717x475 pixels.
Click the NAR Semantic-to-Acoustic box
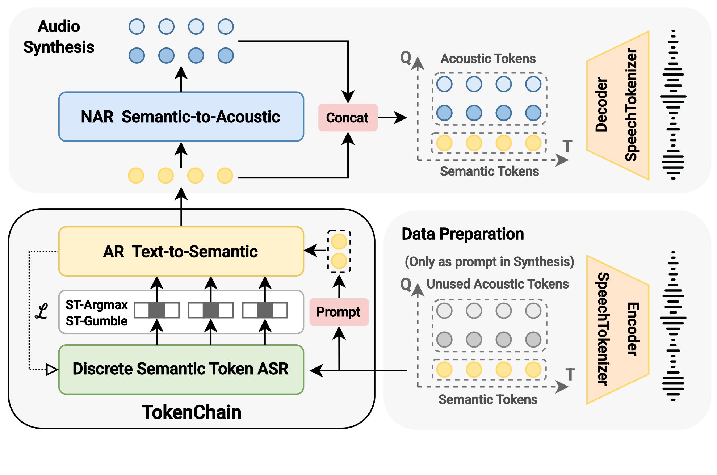click(181, 117)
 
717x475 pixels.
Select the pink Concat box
click(347, 118)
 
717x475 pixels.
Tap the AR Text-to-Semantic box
click(181, 252)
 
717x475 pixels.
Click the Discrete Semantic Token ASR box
click(181, 369)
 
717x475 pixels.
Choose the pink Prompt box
click(339, 312)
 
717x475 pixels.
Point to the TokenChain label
click(191, 412)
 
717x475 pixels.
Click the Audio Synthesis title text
click(59, 37)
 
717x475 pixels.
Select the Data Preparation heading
click(462, 234)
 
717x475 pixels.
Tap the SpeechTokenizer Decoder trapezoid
click(618, 105)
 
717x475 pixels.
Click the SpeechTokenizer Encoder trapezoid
click(618, 329)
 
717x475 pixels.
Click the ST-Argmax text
click(96, 305)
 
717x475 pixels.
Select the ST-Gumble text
click(96, 321)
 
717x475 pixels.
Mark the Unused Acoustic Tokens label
click(498, 284)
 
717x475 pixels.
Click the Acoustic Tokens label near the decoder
click(488, 59)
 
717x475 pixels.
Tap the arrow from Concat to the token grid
click(393, 118)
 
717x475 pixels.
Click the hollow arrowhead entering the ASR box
click(52, 370)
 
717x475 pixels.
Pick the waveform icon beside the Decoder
click(673, 105)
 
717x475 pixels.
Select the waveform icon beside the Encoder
click(673, 326)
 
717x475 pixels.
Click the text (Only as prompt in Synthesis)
click(489, 261)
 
